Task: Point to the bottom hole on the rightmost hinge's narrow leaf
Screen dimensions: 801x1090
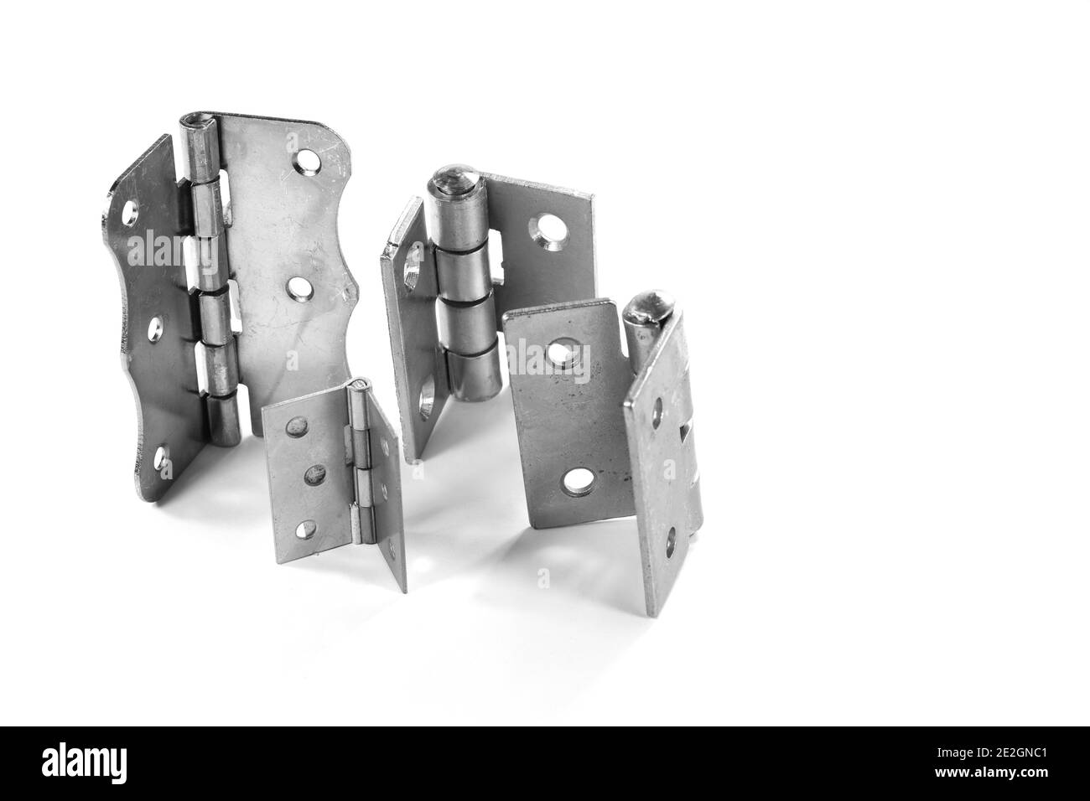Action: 672,545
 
